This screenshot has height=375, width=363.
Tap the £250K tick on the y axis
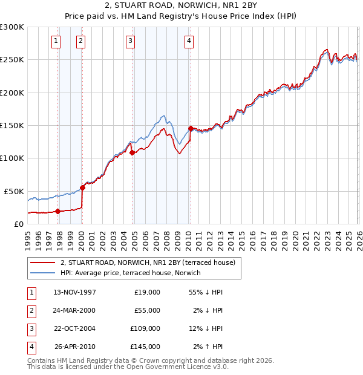(12, 60)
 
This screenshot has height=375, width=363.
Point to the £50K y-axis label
(14, 191)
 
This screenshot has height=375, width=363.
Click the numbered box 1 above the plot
(56, 41)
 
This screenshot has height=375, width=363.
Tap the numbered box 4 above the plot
(189, 41)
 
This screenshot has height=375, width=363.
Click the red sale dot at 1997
(58, 211)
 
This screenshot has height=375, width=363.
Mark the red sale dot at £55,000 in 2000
(83, 187)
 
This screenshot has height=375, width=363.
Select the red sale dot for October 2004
(132, 152)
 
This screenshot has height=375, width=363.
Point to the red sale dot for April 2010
(191, 128)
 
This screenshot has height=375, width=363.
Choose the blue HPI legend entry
(132, 273)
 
